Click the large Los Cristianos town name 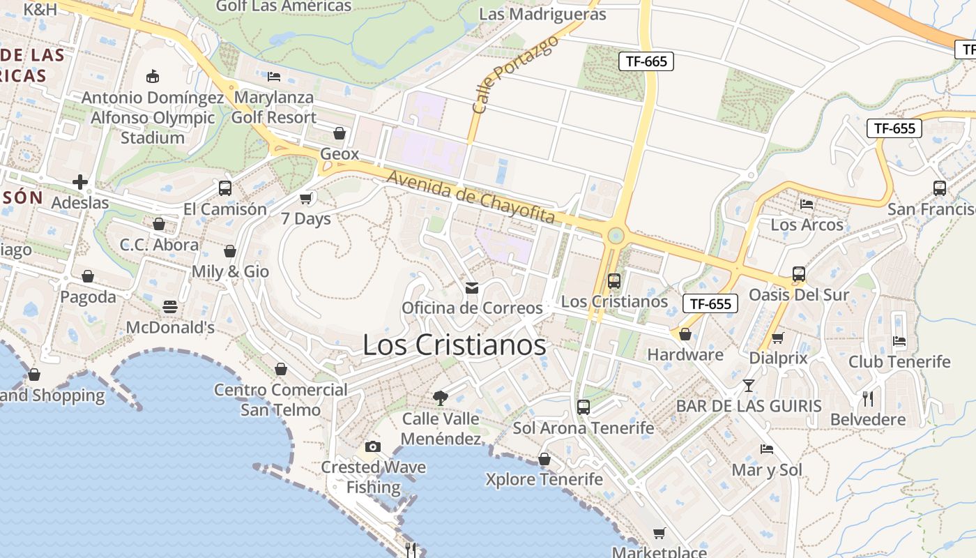click(454, 345)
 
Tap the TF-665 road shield click(646, 61)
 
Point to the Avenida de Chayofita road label click(471, 197)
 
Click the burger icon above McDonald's click(169, 307)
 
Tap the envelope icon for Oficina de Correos click(472, 288)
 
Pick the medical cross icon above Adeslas click(80, 183)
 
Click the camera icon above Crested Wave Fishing click(373, 446)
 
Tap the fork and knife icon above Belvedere click(868, 399)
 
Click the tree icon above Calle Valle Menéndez click(440, 398)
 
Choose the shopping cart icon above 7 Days click(305, 199)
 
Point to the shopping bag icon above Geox click(340, 133)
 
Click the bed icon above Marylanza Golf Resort click(274, 76)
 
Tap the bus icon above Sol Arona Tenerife click(584, 407)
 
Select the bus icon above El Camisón click(224, 188)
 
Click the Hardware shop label click(685, 354)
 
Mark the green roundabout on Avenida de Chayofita click(616, 235)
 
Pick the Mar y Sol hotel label click(767, 470)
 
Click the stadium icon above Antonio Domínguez click(153, 77)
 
